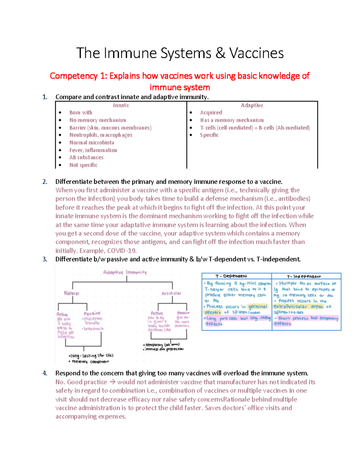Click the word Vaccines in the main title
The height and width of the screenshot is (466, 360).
click(x=256, y=53)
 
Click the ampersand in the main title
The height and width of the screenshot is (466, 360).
click(x=220, y=53)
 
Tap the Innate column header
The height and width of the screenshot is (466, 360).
click(x=121, y=105)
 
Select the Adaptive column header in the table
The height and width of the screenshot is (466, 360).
click(x=252, y=105)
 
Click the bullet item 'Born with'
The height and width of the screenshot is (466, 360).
click(x=81, y=113)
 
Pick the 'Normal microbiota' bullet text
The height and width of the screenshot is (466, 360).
click(x=92, y=143)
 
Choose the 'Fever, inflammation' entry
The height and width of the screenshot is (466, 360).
click(x=93, y=150)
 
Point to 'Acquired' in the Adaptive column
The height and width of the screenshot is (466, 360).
click(x=211, y=113)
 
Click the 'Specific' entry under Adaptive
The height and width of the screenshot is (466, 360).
click(x=209, y=135)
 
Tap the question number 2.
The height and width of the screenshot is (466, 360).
click(x=45, y=182)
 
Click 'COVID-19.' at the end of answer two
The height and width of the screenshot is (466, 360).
click(x=122, y=251)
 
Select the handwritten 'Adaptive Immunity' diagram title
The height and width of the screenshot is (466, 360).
click(x=125, y=272)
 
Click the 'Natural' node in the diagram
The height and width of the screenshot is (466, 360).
click(x=72, y=293)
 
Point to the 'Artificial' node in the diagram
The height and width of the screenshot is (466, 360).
click(x=171, y=293)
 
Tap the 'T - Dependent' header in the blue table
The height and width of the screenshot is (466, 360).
click(x=231, y=276)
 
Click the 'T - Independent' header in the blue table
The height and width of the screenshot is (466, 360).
click(x=304, y=276)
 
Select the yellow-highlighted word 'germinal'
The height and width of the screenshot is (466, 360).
click(x=258, y=306)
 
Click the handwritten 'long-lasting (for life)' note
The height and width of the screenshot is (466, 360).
click(x=91, y=356)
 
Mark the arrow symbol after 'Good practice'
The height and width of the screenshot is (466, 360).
click(x=112, y=382)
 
